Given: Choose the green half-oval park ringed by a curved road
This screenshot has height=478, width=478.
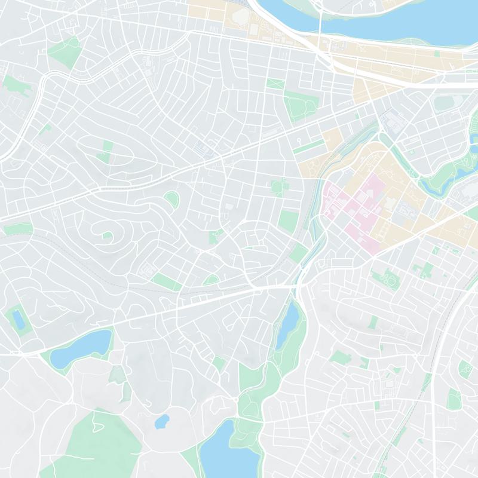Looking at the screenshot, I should pyautogui.click(x=171, y=199).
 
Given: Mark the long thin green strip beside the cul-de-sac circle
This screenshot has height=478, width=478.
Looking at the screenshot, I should pyautogui.click(x=305, y=146).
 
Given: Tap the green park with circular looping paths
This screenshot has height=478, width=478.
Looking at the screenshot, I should pyautogui.click(x=385, y=278).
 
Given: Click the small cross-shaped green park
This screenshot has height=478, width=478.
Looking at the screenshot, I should pyautogui.click(x=427, y=269).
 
